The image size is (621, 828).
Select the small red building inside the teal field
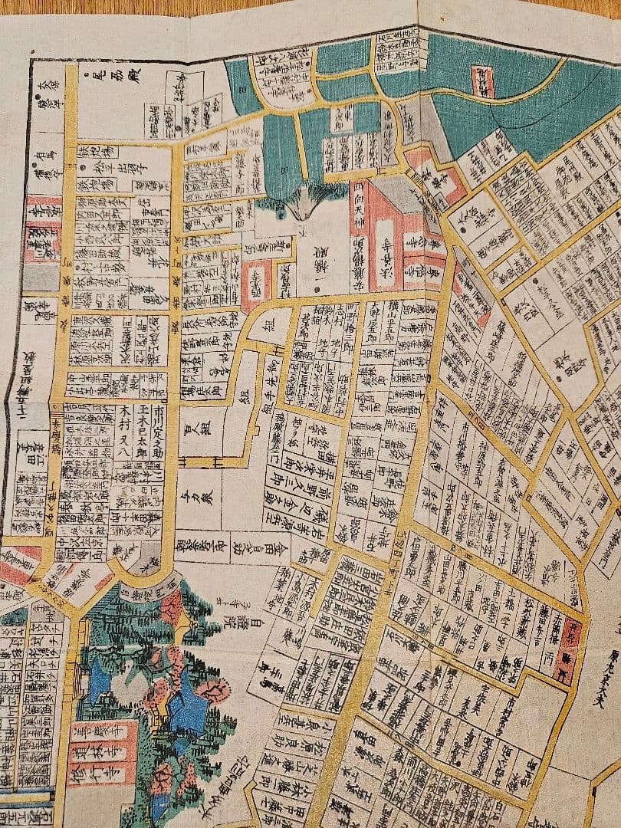pyautogui.click(x=482, y=81)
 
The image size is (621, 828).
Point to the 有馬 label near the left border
pyautogui.click(x=41, y=163)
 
